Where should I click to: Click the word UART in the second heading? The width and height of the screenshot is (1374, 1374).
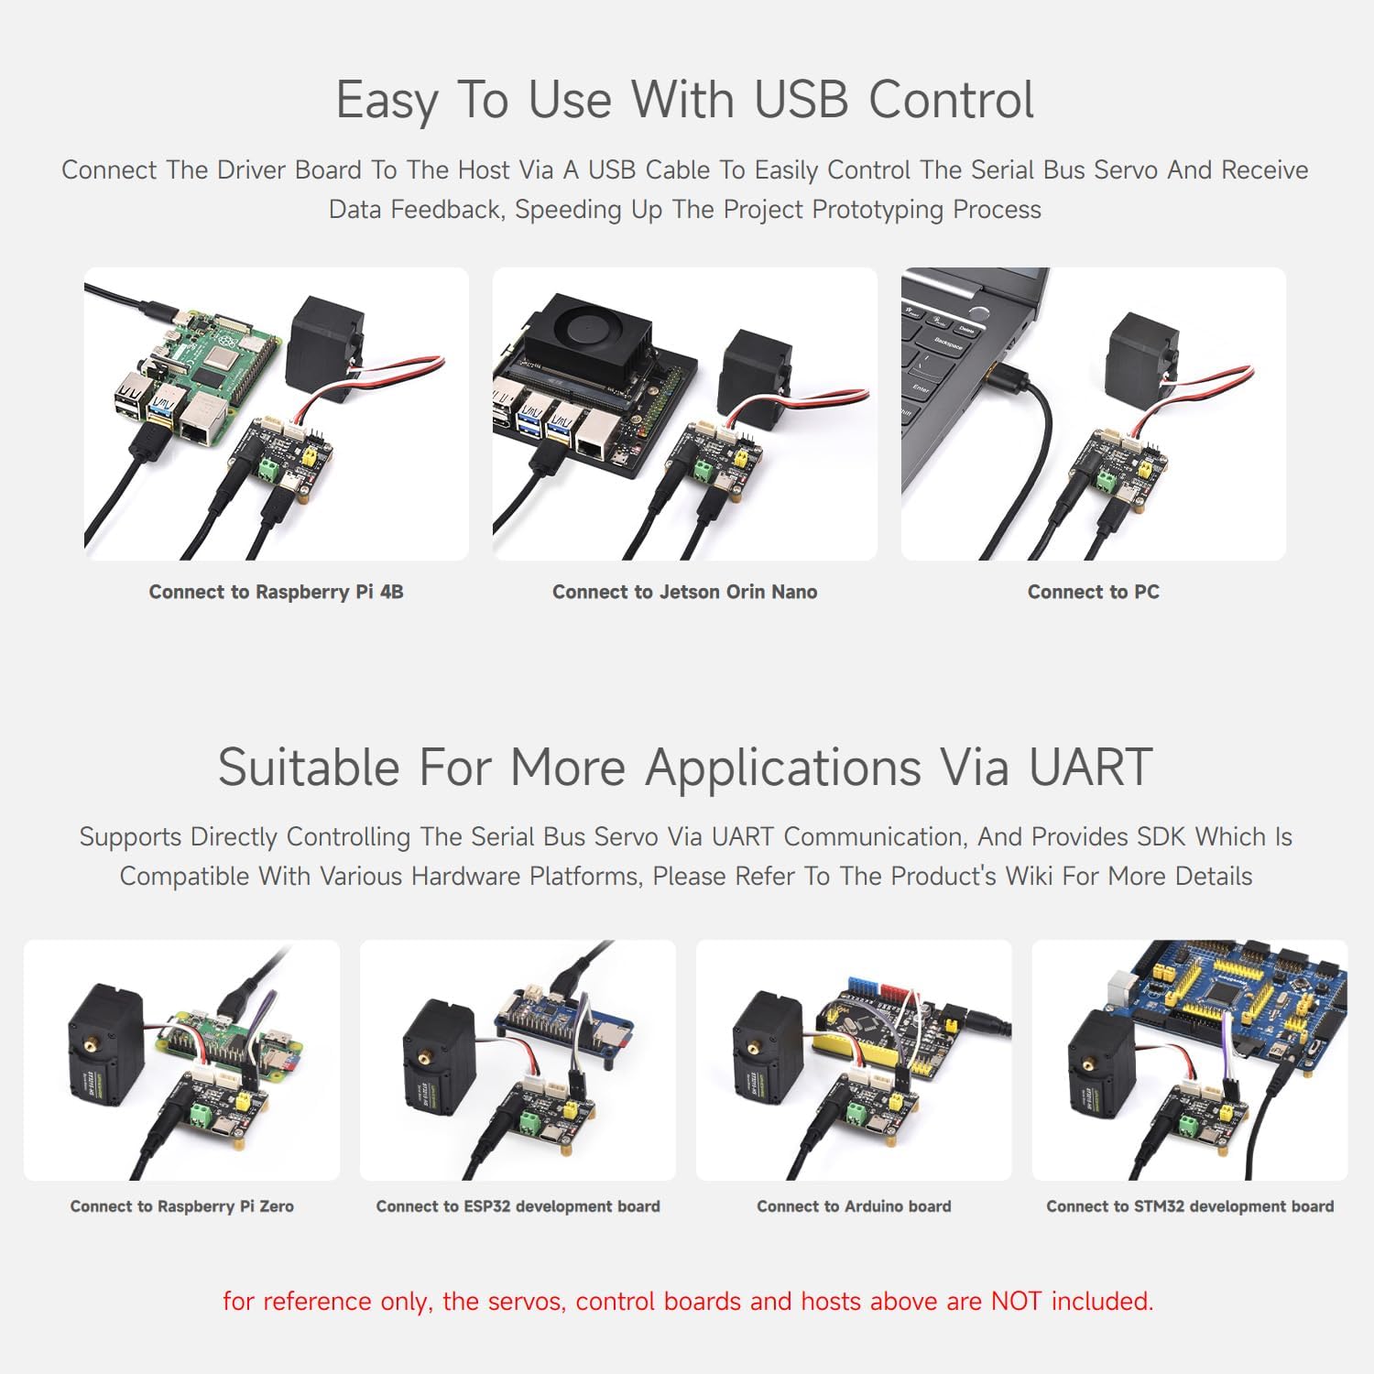[x=1090, y=767]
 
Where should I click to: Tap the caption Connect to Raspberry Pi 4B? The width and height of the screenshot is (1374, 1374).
[x=276, y=592]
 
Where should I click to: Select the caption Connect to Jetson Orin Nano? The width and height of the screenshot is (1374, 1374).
[x=684, y=592]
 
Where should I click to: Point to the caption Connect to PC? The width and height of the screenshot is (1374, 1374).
[x=1093, y=592]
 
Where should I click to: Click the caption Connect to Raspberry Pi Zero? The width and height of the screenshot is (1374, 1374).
[x=181, y=1206]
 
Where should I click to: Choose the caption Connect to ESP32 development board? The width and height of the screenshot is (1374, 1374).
[x=518, y=1206]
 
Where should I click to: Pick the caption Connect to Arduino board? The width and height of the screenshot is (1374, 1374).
[x=854, y=1206]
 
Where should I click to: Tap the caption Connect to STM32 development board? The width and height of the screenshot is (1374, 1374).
[x=1190, y=1206]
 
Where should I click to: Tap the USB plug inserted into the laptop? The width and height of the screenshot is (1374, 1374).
[x=1004, y=375]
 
